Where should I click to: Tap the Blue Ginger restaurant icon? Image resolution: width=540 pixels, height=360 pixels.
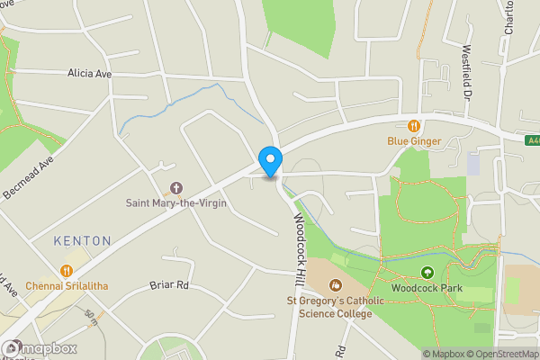coord(414,126)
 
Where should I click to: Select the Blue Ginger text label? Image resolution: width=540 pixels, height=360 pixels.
coord(414,141)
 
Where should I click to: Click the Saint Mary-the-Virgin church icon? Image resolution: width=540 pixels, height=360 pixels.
coord(175,189)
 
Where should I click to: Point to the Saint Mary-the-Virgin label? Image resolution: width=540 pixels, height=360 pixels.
coord(175,203)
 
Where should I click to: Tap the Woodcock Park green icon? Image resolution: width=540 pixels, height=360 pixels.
coord(427,273)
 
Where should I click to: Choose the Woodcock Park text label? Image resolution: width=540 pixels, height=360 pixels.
coord(427,287)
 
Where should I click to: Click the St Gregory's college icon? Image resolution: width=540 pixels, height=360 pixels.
coord(323,285)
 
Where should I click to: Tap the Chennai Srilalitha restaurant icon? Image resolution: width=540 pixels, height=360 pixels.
coord(66,270)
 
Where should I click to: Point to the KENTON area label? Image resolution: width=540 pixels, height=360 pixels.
coord(82,241)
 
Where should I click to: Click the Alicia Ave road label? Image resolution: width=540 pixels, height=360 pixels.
coord(89,74)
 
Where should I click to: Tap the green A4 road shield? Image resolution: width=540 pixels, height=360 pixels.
coord(531,139)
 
